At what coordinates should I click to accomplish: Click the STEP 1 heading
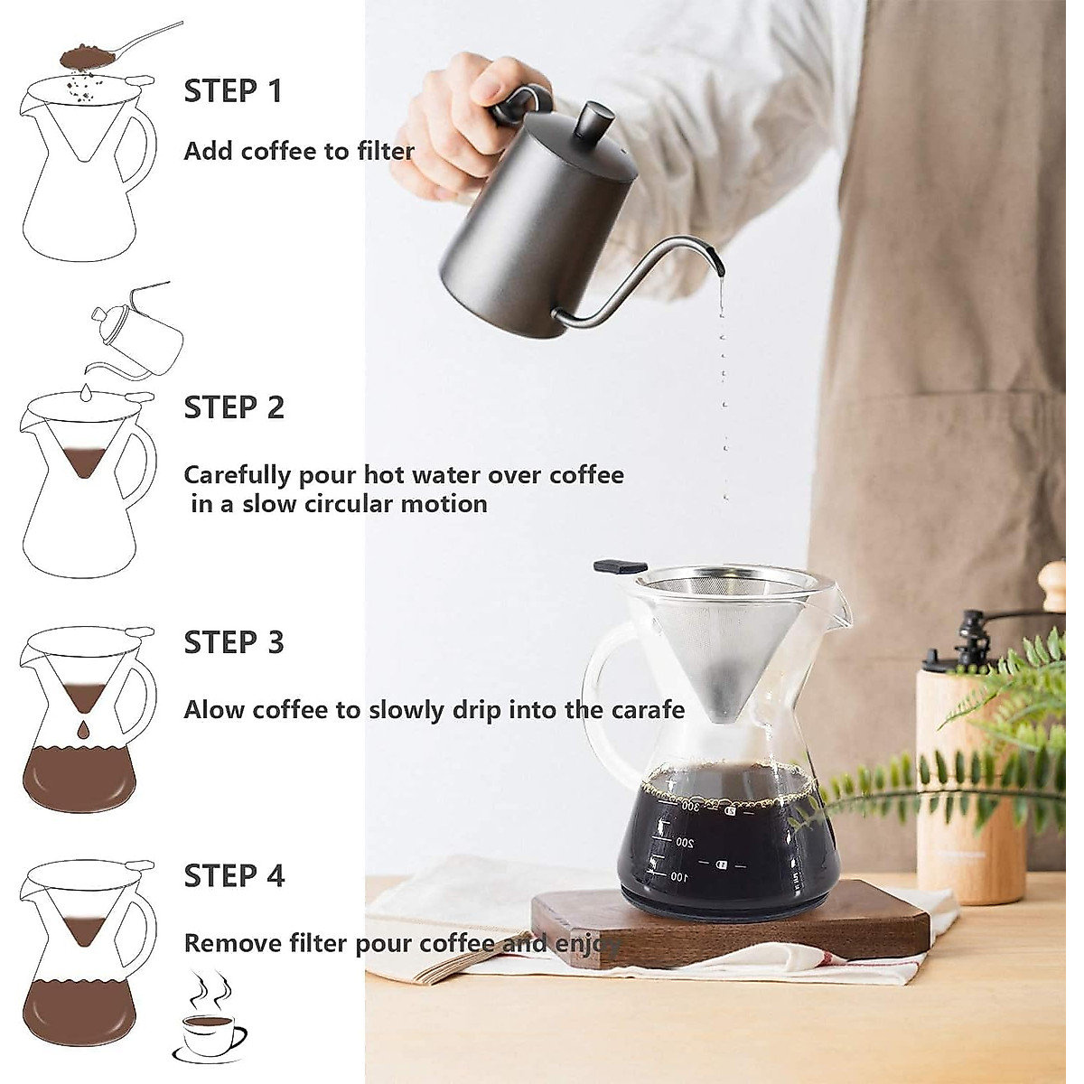coord(232,91)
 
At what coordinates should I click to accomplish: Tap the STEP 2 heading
coord(234,407)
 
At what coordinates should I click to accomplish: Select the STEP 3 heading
coord(234,642)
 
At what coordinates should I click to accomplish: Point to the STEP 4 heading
coord(234,875)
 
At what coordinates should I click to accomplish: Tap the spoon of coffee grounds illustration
coord(121,44)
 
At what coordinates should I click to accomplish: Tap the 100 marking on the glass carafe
coord(679,876)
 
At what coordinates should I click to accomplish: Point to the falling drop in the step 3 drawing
coord(83,730)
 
